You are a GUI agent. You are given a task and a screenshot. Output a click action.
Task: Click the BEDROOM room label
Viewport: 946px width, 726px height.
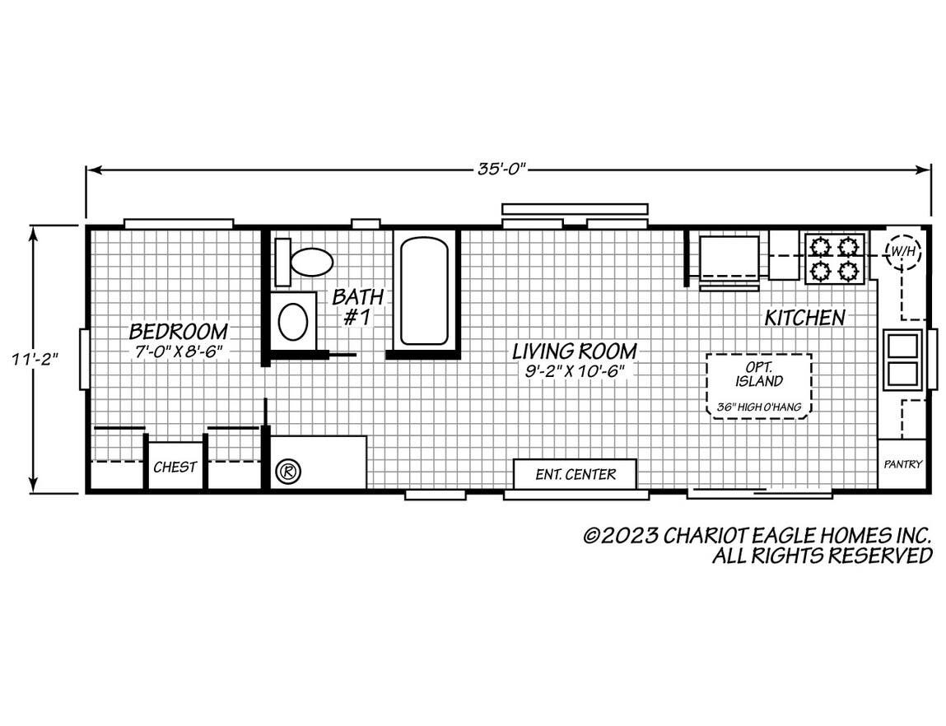179,332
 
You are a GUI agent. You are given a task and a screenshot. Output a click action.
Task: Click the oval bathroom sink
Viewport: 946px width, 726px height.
293,321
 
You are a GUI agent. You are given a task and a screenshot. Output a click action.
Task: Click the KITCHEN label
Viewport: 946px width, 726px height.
804,317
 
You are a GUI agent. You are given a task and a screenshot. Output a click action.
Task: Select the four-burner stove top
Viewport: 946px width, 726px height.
833,258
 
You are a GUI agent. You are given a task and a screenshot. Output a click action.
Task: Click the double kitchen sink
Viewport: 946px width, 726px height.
902,359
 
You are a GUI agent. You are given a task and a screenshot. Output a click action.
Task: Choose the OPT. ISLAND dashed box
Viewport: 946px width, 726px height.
758,385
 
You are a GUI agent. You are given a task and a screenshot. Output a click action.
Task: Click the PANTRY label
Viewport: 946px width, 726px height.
902,464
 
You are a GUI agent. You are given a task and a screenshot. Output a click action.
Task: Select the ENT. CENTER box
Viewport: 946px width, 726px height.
575,474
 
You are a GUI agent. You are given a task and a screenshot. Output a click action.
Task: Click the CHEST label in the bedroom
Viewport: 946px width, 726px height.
175,467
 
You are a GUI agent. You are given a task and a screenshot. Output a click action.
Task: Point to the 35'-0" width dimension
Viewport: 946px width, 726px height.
501,170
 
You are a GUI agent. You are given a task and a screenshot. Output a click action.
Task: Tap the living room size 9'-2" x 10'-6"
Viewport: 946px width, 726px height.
575,370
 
